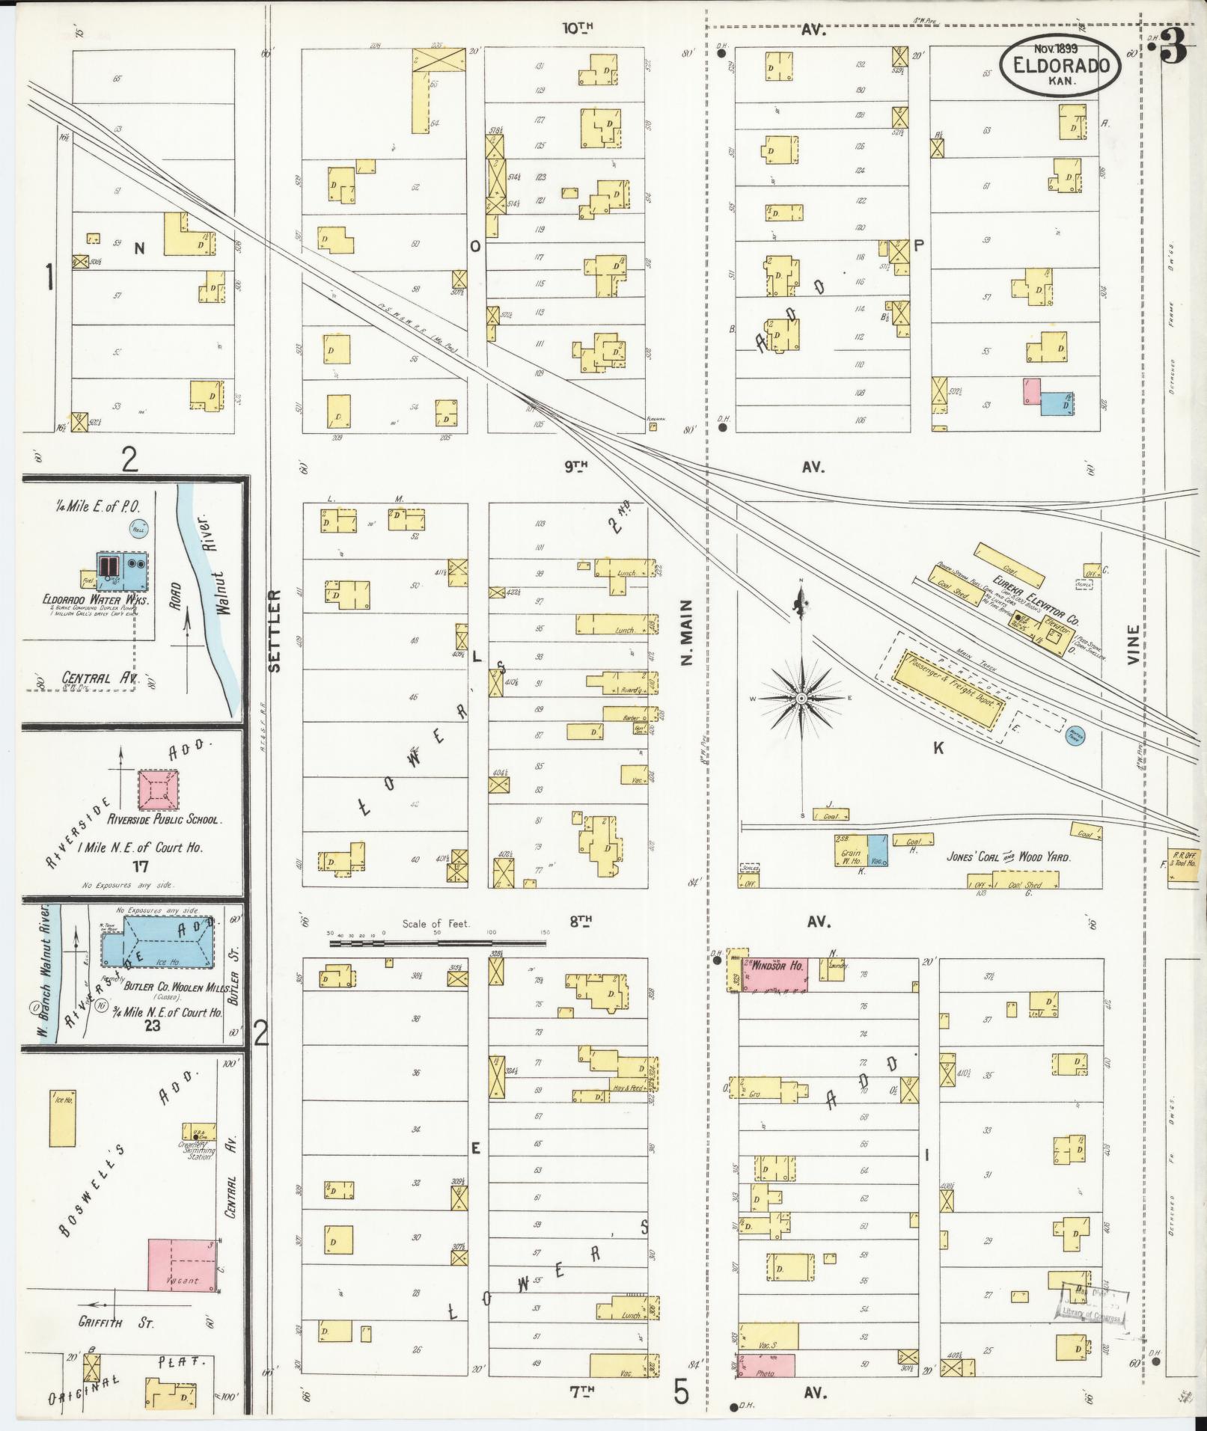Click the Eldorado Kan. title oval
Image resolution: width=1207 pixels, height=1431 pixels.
coord(1060,65)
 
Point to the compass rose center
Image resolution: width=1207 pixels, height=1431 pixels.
coord(801,698)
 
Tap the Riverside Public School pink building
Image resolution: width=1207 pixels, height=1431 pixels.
coord(159,790)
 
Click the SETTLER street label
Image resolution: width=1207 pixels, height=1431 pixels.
coord(274,631)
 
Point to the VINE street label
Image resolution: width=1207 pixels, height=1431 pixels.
coord(1133,646)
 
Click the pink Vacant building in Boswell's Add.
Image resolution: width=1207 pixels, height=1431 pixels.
coord(183,1264)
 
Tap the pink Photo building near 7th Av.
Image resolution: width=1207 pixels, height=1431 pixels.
coord(766,1365)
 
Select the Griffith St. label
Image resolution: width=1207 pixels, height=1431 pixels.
coord(116,1323)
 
